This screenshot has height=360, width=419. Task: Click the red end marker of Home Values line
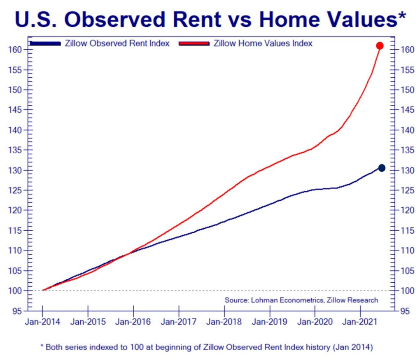click(380, 46)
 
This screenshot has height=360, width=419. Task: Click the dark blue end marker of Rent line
click(381, 168)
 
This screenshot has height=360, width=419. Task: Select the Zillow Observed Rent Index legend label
click(118, 43)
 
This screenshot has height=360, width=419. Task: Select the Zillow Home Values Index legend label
click(263, 43)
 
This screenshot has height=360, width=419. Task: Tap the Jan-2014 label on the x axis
click(43, 322)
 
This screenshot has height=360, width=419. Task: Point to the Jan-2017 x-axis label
click(179, 322)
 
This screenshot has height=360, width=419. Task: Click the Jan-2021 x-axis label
click(360, 322)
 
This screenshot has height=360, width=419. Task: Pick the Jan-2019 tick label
click(270, 322)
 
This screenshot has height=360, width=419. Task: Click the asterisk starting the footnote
click(42, 346)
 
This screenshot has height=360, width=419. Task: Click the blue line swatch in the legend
click(45, 43)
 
